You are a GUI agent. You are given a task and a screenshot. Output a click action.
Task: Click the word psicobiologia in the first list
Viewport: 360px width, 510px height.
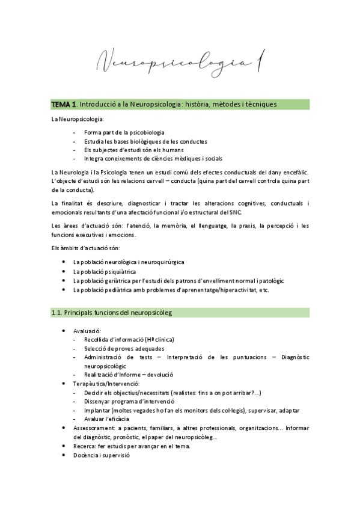145,132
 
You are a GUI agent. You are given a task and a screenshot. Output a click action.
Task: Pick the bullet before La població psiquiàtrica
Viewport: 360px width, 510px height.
64,271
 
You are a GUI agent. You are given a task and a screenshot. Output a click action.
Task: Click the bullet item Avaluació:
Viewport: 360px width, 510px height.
87,331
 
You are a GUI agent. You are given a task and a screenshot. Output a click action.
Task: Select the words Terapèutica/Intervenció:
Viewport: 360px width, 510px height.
106,383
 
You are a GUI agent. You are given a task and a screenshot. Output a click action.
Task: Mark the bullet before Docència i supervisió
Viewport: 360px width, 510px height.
64,455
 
